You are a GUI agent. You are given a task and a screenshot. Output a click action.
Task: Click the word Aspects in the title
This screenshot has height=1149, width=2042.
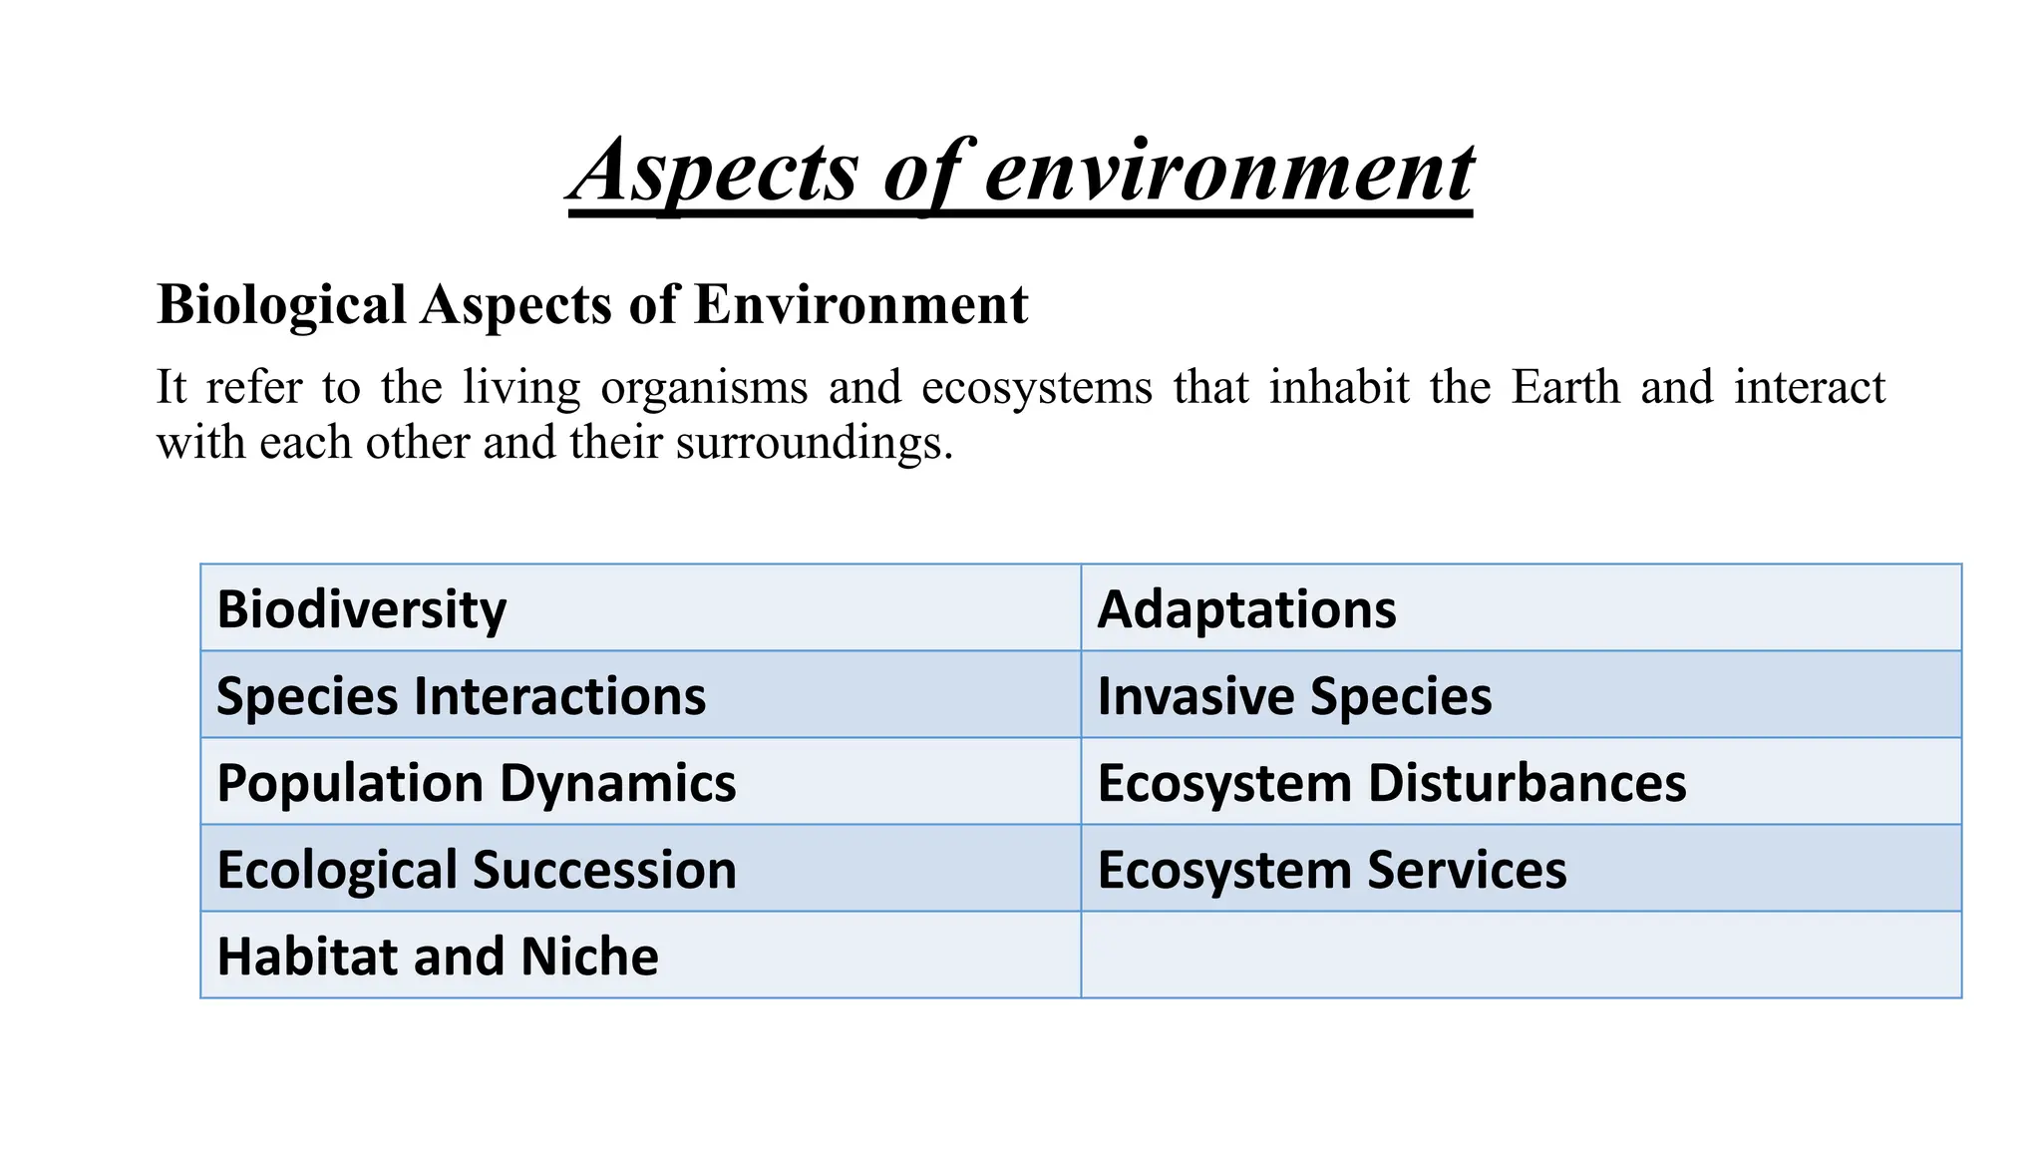pos(716,172)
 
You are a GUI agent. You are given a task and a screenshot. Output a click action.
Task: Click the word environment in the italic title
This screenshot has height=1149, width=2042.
pos(1228,172)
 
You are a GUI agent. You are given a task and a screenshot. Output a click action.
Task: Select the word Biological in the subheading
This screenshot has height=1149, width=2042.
pos(281,305)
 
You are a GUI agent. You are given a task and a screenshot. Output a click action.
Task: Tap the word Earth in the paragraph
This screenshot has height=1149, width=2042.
pos(1565,387)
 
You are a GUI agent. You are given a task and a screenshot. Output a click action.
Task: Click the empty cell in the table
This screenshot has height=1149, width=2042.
pos(1521,956)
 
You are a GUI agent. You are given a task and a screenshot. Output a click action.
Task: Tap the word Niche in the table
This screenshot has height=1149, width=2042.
pos(589,957)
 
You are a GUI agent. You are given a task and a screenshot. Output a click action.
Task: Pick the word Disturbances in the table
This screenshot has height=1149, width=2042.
pos(1527,783)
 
